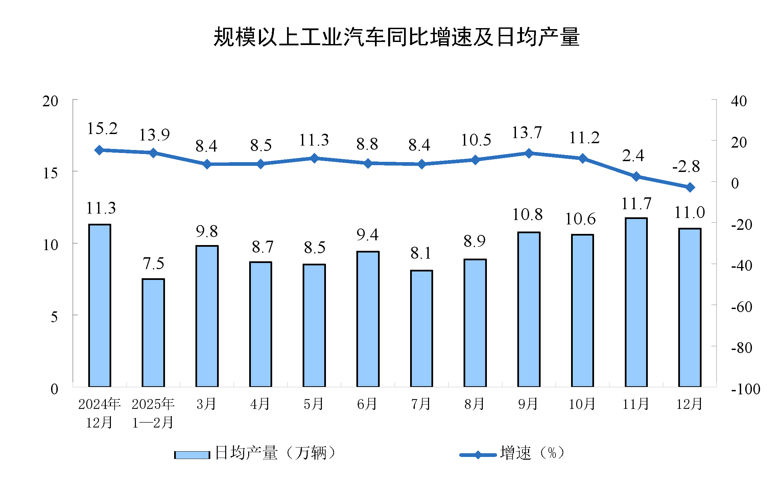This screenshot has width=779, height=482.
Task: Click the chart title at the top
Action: coord(396,37)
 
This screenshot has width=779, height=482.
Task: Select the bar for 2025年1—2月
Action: coord(153,332)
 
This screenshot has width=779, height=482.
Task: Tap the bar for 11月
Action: coord(636,302)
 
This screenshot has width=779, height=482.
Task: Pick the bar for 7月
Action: coord(421,328)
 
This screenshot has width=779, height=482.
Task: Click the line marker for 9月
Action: coord(528,153)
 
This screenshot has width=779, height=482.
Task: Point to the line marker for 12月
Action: coord(690,187)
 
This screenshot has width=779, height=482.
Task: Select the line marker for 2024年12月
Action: coord(99,150)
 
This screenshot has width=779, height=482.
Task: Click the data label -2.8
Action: coord(686,167)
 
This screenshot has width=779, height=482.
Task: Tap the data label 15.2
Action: coord(102,129)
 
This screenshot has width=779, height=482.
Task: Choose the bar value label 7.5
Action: coord(153,263)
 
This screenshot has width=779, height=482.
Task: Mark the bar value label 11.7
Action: coord(636,204)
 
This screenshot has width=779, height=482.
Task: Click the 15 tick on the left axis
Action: coord(50,173)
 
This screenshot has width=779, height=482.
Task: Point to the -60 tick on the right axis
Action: coord(741,307)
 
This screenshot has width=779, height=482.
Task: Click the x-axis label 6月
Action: coord(367,404)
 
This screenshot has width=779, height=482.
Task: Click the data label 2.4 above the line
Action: coord(633,156)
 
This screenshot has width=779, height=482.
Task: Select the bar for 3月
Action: coord(207,316)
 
